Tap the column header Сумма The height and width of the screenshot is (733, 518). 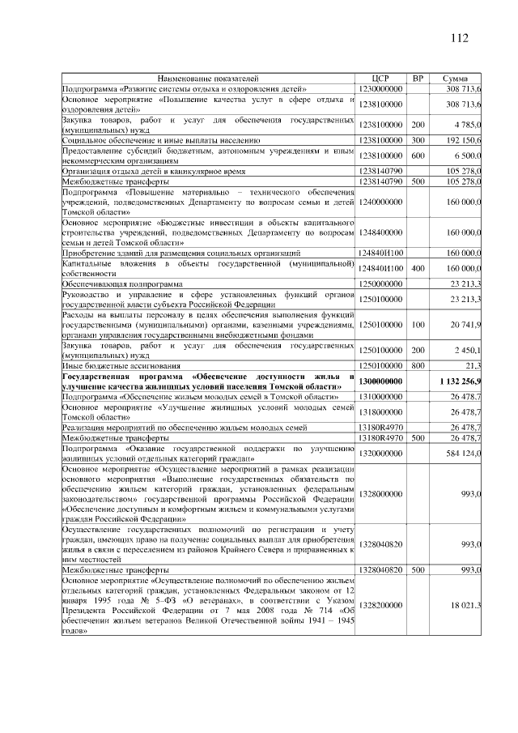pos(457,78)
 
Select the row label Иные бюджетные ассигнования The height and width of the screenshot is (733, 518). pos(114,365)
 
